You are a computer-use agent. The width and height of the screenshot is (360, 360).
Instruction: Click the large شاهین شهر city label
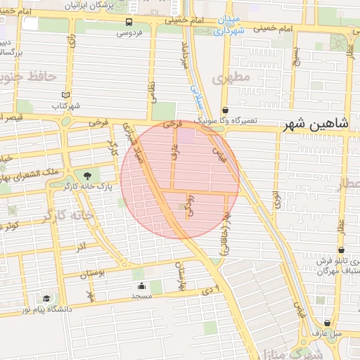click(316, 125)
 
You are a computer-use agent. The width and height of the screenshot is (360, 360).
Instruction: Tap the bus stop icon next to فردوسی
click(128, 22)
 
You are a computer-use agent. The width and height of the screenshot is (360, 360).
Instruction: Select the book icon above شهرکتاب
click(65, 95)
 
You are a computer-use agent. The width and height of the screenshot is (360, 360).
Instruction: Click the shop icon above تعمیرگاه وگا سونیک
click(225, 110)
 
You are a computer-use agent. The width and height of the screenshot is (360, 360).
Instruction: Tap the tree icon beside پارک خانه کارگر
click(87, 176)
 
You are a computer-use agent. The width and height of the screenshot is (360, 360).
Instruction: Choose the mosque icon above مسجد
click(141, 285)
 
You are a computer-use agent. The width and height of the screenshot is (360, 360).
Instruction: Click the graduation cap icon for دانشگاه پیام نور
click(46, 298)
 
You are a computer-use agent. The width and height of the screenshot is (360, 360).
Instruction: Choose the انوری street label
click(277, 200)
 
